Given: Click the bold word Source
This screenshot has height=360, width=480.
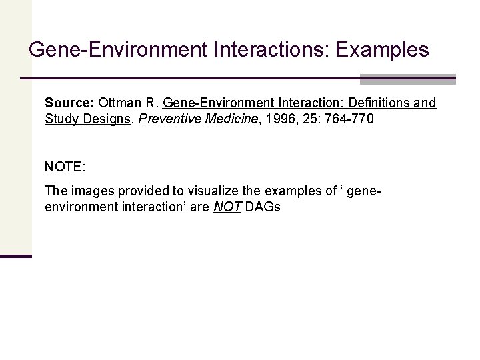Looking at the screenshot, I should click(x=69, y=103).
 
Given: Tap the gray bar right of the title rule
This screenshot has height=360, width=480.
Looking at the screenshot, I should click(x=407, y=79).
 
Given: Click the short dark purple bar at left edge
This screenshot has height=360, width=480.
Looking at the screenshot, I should click(x=16, y=256).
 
